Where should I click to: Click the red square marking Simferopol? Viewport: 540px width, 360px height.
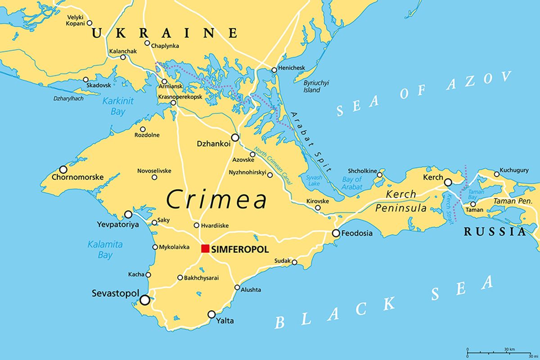205,248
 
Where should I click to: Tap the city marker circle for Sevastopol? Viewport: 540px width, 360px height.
145,300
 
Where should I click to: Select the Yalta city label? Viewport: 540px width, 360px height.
225,321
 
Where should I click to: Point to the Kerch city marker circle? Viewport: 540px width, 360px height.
448,182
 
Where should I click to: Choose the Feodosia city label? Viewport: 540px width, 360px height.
357,234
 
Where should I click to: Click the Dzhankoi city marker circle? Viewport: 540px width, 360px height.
235,137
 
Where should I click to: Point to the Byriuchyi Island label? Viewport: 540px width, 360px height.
316,86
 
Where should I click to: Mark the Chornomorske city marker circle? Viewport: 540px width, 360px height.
63,169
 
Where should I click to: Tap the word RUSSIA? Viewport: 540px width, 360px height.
495,232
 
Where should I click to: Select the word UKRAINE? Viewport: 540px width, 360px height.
164,33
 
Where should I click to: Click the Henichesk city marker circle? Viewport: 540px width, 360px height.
274,70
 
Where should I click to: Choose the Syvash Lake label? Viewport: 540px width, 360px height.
314,180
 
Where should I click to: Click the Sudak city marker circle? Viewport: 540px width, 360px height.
294,262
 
